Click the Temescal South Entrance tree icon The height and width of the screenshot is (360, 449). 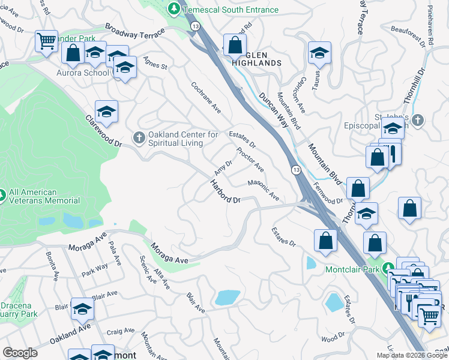(x=174, y=9)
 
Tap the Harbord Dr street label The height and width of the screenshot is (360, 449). (x=225, y=191)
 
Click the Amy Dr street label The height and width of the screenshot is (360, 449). (x=224, y=164)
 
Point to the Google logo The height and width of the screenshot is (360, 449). (x=20, y=353)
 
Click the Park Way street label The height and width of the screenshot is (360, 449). (x=95, y=267)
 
